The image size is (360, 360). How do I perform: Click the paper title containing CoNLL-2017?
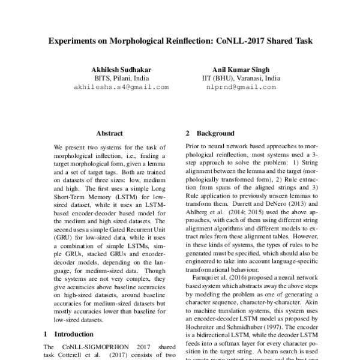tap(180, 43)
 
